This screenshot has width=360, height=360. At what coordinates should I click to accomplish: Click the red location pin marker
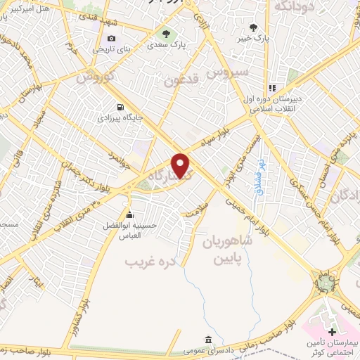pyautogui.click(x=181, y=165)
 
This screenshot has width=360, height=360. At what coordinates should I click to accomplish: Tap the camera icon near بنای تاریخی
pyautogui.click(x=111, y=37)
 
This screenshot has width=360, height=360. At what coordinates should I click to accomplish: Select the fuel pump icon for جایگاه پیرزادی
pyautogui.click(x=120, y=107)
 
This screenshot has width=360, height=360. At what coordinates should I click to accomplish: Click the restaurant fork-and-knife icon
pyautogui.click(x=271, y=88)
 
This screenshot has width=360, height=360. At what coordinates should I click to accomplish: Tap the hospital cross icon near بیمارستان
pyautogui.click(x=332, y=330)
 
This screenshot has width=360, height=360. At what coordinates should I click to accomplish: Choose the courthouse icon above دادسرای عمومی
pyautogui.click(x=207, y=338)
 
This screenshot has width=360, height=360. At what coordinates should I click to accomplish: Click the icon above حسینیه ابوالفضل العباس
pyautogui.click(x=129, y=214)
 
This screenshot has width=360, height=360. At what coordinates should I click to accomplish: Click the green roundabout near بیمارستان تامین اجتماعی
pyautogui.click(x=325, y=283)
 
